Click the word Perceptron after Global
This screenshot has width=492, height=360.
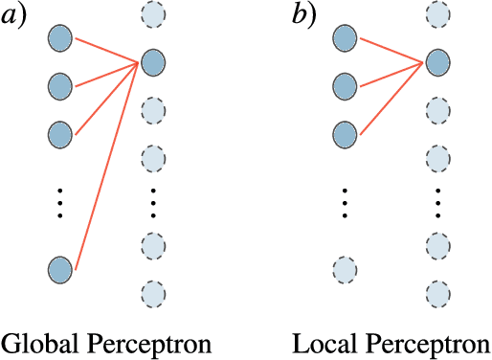coord(144,343)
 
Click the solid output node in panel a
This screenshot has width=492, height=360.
coord(153,64)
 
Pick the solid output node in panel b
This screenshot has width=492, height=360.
coord(436,64)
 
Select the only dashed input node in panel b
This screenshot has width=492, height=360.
coord(346,268)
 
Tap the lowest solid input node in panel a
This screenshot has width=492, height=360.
coord(61,268)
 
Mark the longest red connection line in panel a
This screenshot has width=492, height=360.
coord(107,167)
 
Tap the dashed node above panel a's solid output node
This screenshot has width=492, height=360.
coord(153,15)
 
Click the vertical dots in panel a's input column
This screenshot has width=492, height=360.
coord(59,203)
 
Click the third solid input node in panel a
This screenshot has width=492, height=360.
coord(61,133)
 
